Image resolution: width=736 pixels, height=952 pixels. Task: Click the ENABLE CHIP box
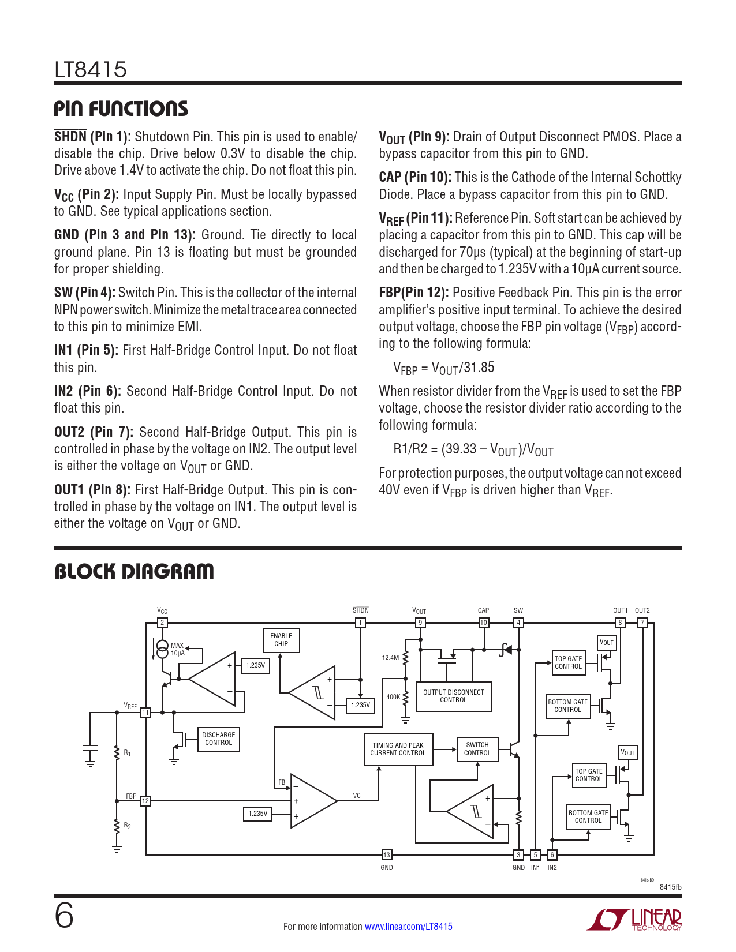[x=281, y=640]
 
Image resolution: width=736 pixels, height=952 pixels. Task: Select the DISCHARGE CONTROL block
[x=218, y=739]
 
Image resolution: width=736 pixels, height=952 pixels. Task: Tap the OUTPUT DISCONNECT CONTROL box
[x=453, y=696]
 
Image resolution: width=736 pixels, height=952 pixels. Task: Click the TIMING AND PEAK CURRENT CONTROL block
[x=398, y=749]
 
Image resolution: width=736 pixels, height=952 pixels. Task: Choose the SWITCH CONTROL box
[x=477, y=749]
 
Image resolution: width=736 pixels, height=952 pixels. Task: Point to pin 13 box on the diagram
[x=387, y=855]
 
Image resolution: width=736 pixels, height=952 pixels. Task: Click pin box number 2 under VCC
[x=163, y=623]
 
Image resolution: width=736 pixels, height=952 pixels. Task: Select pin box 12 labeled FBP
[x=145, y=801]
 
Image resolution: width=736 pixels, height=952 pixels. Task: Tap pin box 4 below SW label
[x=518, y=623]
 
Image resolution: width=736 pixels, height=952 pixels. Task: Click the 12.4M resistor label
[x=390, y=658]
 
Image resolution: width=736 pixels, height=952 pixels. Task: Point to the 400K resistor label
[x=393, y=697]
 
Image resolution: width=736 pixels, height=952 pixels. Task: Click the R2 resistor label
[x=128, y=826]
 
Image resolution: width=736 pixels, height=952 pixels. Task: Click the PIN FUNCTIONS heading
[x=121, y=109]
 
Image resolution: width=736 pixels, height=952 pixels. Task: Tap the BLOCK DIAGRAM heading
[x=134, y=572]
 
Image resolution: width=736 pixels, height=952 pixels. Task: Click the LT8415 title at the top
[x=91, y=70]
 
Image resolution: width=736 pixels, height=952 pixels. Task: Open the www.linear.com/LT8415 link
[x=409, y=927]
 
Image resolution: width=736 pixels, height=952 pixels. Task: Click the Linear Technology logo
[x=634, y=920]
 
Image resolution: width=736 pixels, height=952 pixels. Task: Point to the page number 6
[x=64, y=916]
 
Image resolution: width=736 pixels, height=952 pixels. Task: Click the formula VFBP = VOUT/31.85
[x=443, y=368]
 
